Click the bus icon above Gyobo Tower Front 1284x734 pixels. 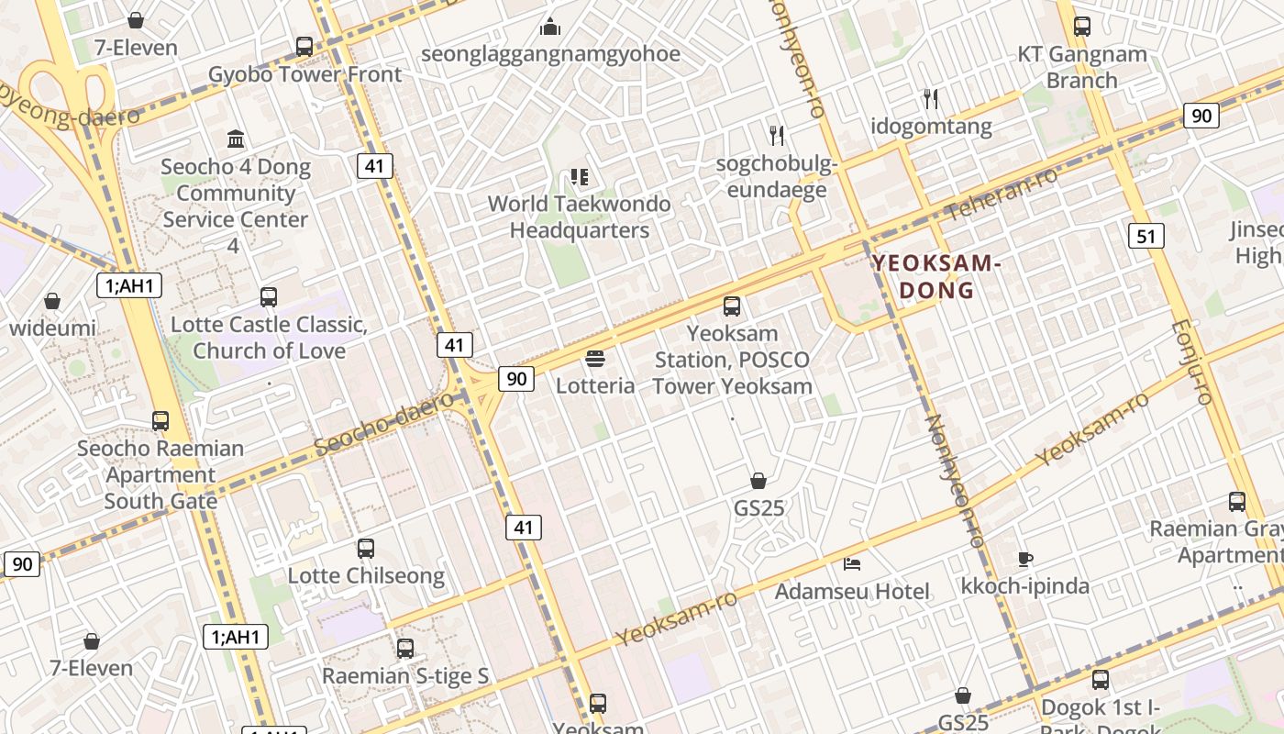(304, 46)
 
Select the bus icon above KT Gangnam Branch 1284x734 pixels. (1082, 26)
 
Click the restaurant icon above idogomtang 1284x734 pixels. (931, 98)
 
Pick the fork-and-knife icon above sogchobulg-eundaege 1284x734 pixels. (777, 136)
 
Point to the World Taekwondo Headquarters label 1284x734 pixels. (579, 217)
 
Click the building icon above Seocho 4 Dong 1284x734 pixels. (236, 139)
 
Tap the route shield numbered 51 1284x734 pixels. (1146, 236)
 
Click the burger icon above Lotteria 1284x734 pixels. (595, 358)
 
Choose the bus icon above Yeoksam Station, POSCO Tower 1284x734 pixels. (732, 306)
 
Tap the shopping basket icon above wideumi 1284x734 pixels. (52, 300)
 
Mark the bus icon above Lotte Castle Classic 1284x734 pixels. (269, 296)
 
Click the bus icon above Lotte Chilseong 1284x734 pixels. (366, 548)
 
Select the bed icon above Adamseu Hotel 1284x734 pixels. (852, 563)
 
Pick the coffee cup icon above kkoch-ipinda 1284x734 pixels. (1025, 558)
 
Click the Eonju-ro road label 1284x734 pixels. (1192, 362)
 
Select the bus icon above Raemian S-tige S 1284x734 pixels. (405, 648)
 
